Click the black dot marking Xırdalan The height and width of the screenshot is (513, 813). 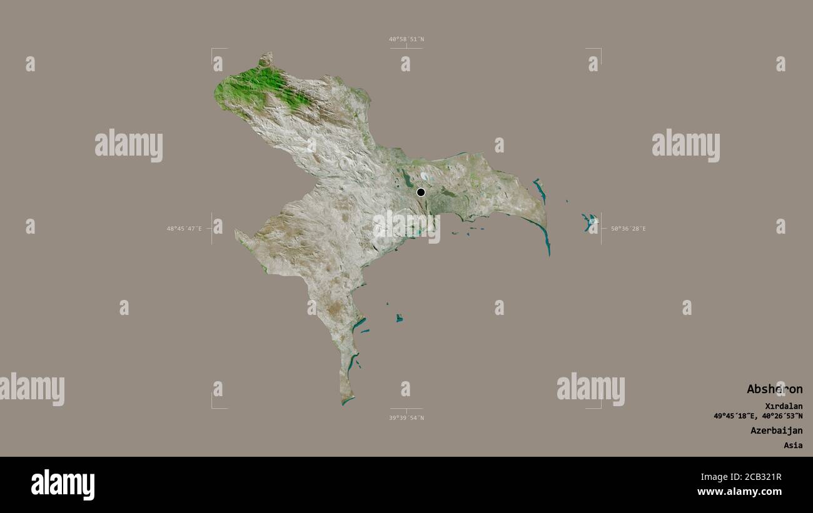(x=421, y=192)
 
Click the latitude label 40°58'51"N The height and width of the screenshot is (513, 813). (x=406, y=39)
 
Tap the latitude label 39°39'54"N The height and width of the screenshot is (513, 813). (x=406, y=417)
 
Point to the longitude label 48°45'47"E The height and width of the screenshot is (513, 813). (x=184, y=229)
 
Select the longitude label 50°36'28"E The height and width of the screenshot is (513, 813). (x=628, y=229)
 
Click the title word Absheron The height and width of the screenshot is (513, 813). (x=774, y=389)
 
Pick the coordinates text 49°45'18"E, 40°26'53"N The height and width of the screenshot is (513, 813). (x=758, y=416)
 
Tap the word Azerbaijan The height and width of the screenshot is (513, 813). (x=776, y=431)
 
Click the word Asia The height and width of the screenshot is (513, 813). (x=793, y=446)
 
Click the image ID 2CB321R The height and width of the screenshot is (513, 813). (x=758, y=477)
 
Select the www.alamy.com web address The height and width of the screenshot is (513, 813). (x=740, y=492)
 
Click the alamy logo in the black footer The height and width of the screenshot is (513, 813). (x=63, y=485)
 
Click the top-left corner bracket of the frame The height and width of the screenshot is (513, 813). (x=213, y=49)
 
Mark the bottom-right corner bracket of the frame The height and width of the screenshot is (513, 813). (x=600, y=407)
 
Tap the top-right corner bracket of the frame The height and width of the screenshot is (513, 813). (x=600, y=49)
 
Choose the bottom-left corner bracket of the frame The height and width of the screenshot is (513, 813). (x=213, y=407)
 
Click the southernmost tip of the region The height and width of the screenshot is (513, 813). (x=344, y=404)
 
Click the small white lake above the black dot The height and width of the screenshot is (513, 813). (x=425, y=176)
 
